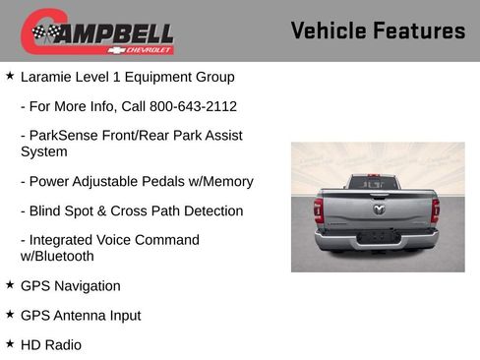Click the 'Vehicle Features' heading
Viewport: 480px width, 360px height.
click(378, 30)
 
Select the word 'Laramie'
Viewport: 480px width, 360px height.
click(48, 77)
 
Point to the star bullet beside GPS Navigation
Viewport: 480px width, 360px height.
click(10, 285)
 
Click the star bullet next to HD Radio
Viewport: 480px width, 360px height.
click(10, 344)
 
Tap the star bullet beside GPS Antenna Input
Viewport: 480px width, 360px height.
click(10, 315)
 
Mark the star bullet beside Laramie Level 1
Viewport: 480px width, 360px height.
click(10, 76)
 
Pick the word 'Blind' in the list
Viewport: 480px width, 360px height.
click(48, 211)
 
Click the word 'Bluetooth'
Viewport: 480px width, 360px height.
click(63, 257)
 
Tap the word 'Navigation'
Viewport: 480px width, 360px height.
click(87, 286)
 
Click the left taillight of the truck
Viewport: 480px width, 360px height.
click(318, 210)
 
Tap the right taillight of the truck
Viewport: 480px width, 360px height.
click(435, 210)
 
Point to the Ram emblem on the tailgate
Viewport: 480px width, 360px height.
click(378, 208)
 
